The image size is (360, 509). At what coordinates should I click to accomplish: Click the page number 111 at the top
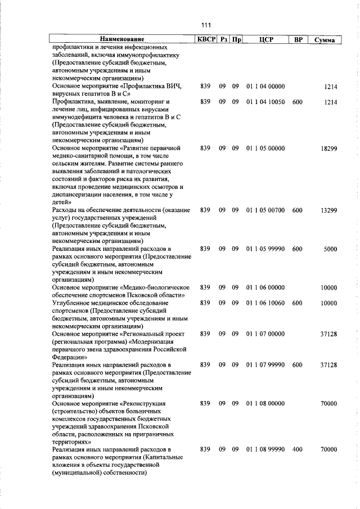pyautogui.click(x=205, y=25)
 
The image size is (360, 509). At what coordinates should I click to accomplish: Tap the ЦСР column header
pyautogui.click(x=266, y=39)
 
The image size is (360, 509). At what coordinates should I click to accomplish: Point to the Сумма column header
pyautogui.click(x=326, y=40)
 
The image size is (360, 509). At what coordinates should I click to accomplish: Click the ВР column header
pyautogui.click(x=298, y=39)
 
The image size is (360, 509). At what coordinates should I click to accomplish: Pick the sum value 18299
pyautogui.click(x=328, y=148)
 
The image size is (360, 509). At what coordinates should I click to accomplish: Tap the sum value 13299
pyautogui.click(x=328, y=210)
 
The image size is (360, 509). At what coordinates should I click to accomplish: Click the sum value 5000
pyautogui.click(x=330, y=248)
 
